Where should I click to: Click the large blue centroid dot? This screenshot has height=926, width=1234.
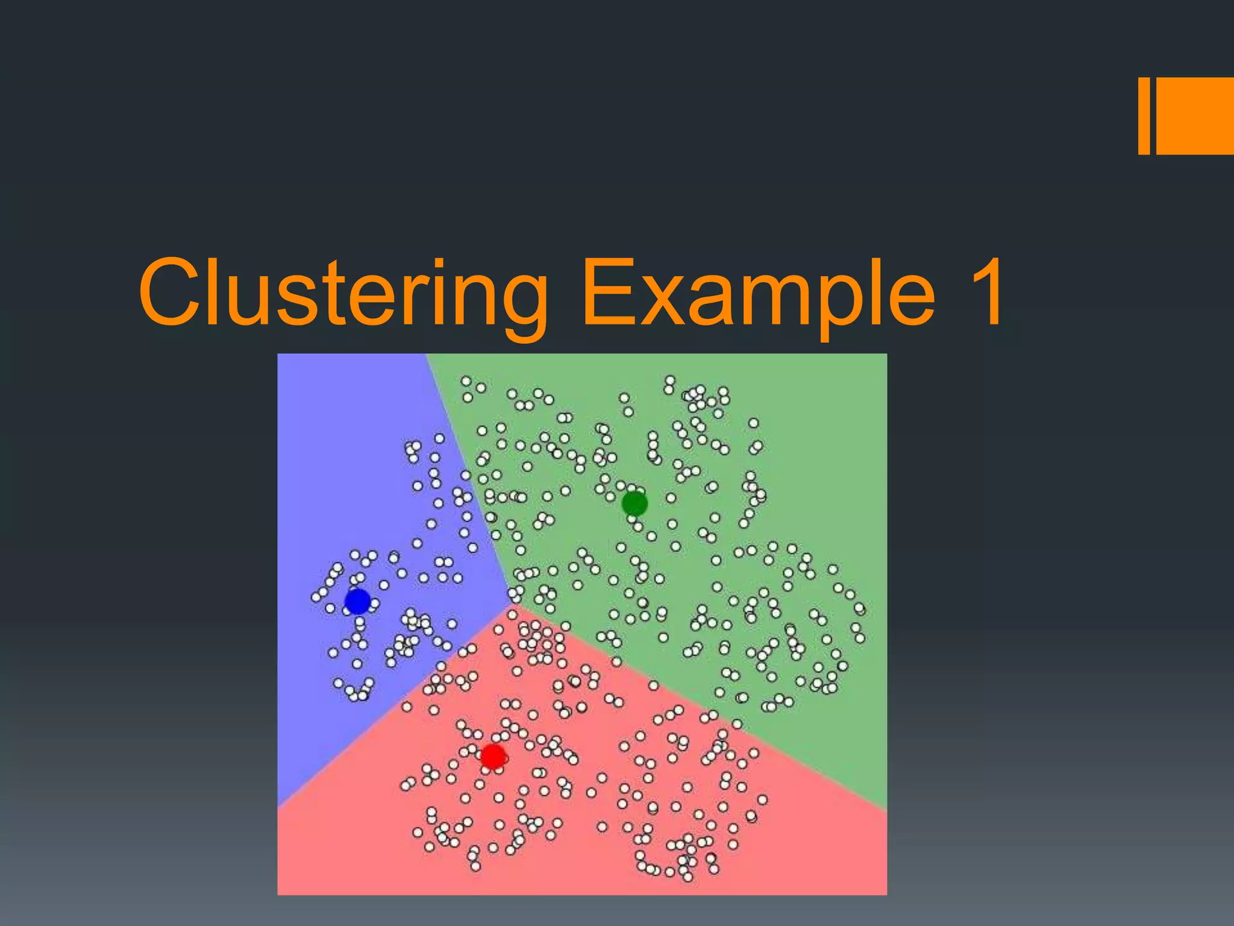(x=357, y=602)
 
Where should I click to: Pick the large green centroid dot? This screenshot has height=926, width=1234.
(x=634, y=503)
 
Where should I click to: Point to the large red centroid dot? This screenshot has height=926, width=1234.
(x=493, y=756)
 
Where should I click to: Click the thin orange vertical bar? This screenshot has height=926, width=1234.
(x=1144, y=116)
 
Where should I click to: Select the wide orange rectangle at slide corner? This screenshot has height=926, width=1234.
(x=1195, y=116)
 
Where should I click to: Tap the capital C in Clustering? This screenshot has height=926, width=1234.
(x=172, y=292)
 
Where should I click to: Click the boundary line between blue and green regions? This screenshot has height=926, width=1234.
(x=467, y=476)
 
